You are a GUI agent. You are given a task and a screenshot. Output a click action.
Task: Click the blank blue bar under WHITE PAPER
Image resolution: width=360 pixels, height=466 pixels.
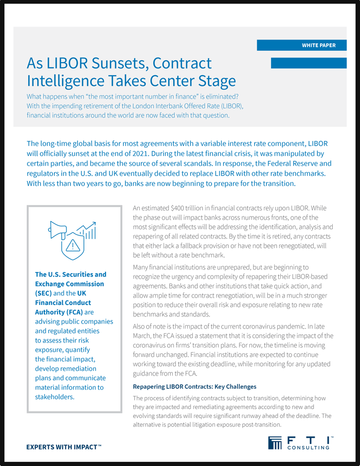coord(308,63)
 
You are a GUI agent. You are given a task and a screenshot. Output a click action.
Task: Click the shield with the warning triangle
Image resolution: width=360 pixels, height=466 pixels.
coord(73,246)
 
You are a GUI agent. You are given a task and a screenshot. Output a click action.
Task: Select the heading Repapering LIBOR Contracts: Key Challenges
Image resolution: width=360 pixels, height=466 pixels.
coord(194,386)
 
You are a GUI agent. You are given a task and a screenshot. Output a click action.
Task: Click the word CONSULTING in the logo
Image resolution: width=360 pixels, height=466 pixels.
coord(309,447)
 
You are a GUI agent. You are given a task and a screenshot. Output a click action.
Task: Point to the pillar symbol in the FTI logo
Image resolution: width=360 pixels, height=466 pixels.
coord(275,443)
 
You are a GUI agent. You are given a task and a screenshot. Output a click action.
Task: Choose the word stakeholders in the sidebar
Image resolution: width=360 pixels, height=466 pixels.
coord(55,397)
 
